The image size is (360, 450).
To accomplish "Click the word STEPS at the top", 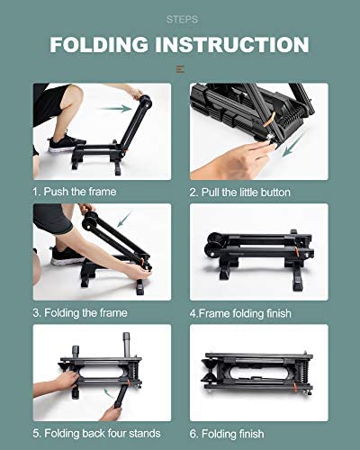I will point(180,17).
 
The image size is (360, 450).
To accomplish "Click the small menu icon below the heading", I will point(180,68).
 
